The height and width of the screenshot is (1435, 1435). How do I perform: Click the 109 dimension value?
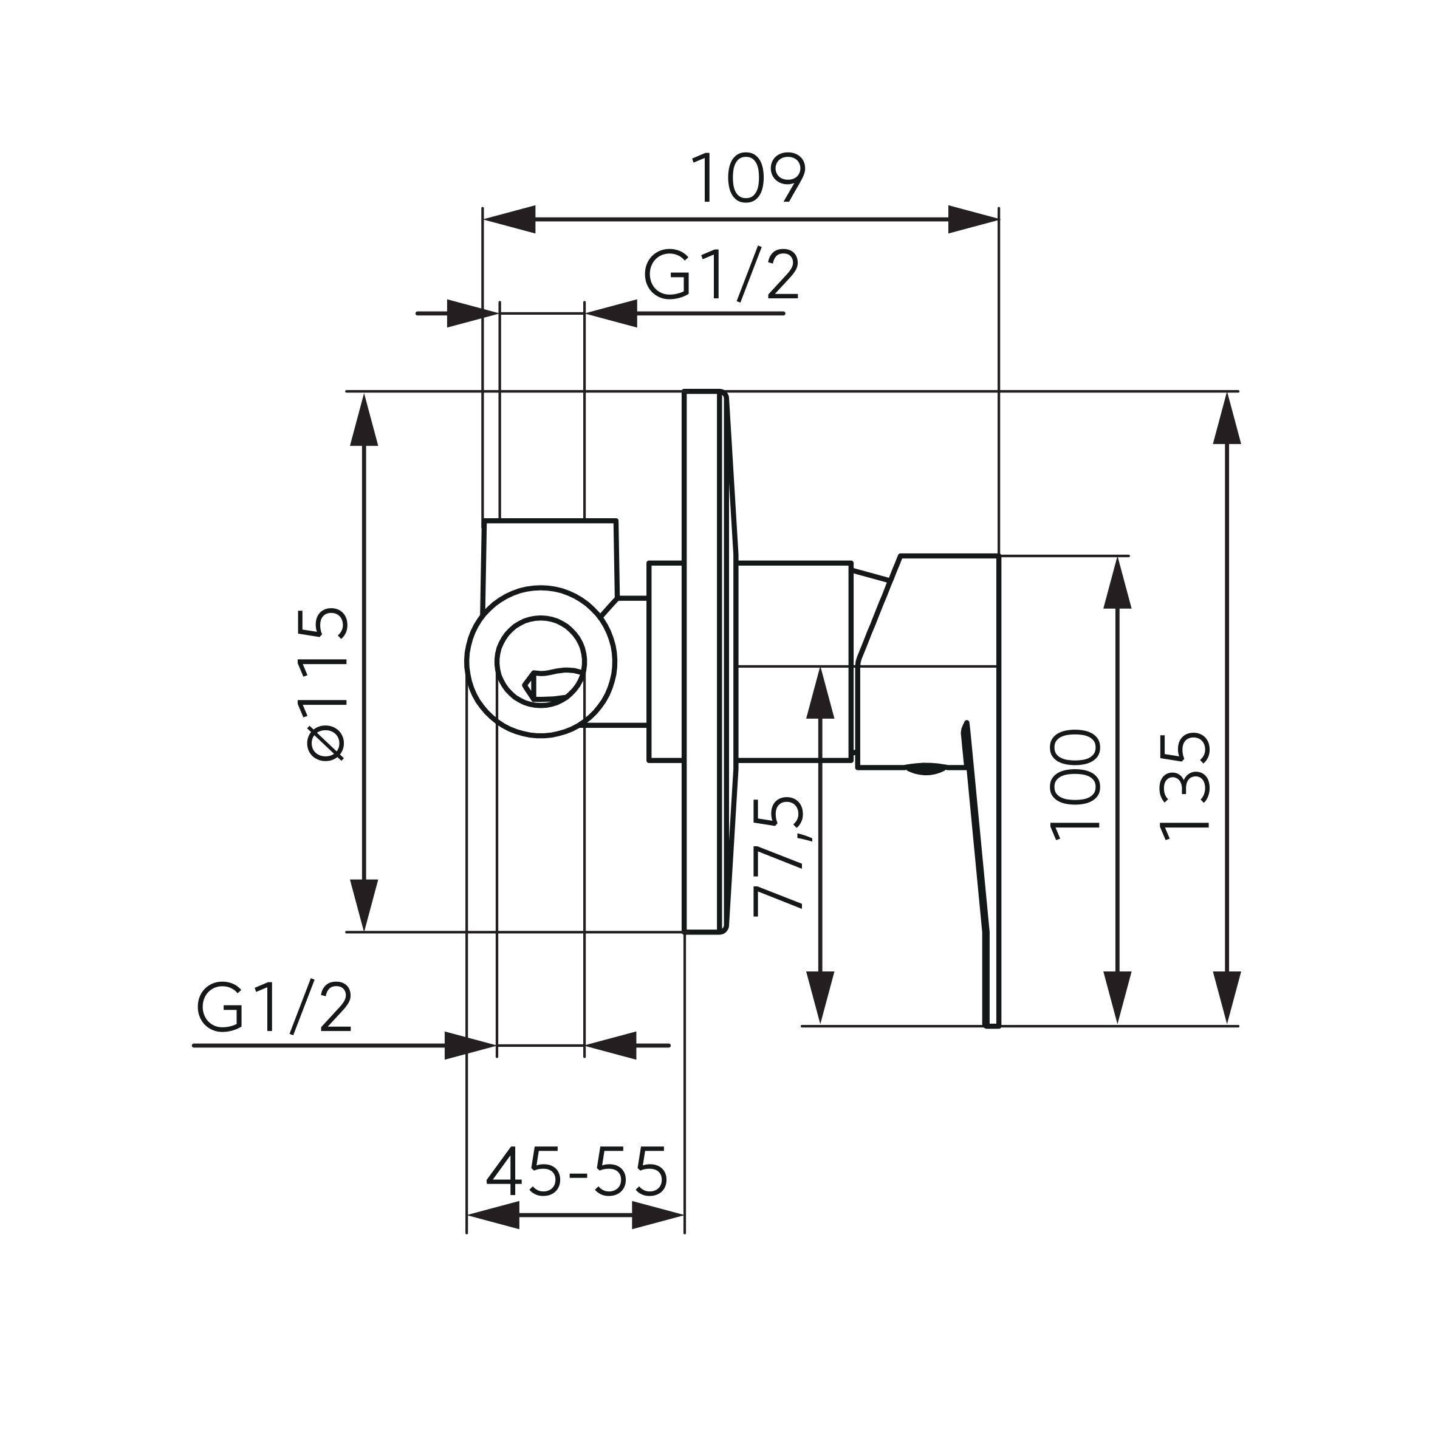(x=747, y=177)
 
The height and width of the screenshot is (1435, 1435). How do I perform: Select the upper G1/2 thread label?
(x=721, y=274)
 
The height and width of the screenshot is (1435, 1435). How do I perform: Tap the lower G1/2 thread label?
(x=273, y=1007)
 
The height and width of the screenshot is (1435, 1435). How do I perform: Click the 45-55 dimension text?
(x=577, y=1171)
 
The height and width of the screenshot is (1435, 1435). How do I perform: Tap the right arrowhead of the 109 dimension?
(x=973, y=219)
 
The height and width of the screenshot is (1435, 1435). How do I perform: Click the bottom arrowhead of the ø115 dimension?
(x=364, y=904)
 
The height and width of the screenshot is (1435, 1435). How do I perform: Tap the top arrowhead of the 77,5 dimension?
(x=820, y=693)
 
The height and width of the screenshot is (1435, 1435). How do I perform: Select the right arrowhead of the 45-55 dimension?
(x=657, y=1216)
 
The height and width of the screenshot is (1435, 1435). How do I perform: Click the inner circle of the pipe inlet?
(x=541, y=661)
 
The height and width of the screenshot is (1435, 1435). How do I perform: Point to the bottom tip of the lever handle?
(x=992, y=1026)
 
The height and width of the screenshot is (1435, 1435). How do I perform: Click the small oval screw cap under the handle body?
(x=925, y=769)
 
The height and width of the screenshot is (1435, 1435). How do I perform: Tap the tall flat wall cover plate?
(x=700, y=661)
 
